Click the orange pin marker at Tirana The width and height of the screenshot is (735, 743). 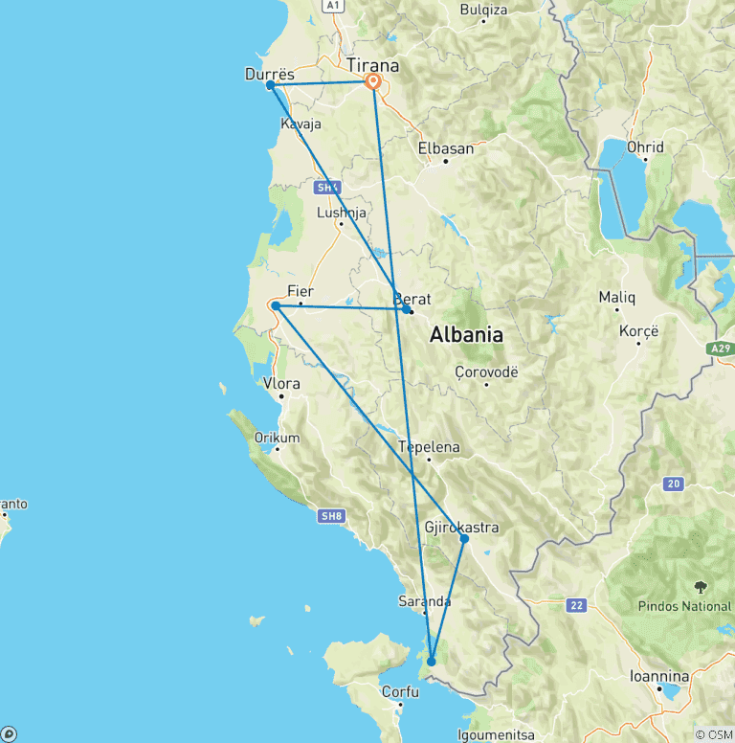pyautogui.click(x=372, y=82)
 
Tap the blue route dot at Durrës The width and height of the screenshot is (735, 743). pyautogui.click(x=271, y=85)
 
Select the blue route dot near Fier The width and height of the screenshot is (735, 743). pyautogui.click(x=276, y=305)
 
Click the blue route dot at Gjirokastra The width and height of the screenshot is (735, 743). pyautogui.click(x=464, y=539)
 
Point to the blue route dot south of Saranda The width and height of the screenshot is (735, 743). pyautogui.click(x=432, y=661)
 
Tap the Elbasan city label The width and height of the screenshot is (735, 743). pyautogui.click(x=446, y=148)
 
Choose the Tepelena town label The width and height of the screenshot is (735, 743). pyautogui.click(x=429, y=447)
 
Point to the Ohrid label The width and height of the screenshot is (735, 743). pyautogui.click(x=646, y=147)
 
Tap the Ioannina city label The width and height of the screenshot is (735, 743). pyautogui.click(x=658, y=675)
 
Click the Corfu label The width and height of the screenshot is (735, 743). pyautogui.click(x=400, y=691)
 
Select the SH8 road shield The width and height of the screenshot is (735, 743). pyautogui.click(x=330, y=516)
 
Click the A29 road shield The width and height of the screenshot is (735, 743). pyautogui.click(x=721, y=349)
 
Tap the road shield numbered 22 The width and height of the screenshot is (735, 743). pyautogui.click(x=576, y=604)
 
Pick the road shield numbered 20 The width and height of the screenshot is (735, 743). pyautogui.click(x=674, y=484)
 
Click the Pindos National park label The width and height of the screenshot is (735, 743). pyautogui.click(x=684, y=606)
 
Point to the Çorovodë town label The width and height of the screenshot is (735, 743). pyautogui.click(x=486, y=371)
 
